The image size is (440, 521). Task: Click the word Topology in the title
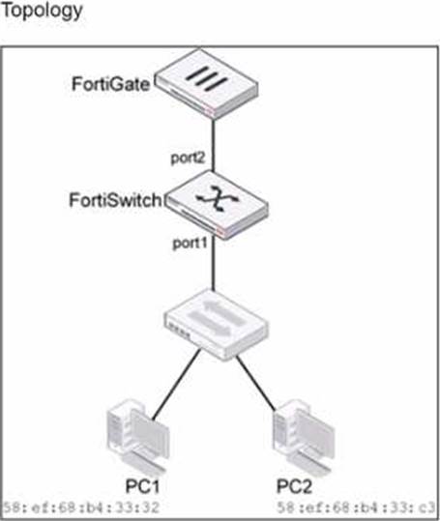[43, 12]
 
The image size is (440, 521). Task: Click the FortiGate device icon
[207, 84]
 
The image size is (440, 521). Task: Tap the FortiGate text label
[111, 84]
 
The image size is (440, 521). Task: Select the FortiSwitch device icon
[217, 204]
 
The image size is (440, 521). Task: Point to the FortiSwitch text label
[115, 200]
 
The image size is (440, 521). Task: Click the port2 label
[188, 159]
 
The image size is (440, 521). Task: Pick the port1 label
[190, 244]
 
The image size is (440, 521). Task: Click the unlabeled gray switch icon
[216, 325]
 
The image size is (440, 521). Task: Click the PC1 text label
[142, 486]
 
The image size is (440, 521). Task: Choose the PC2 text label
[294, 486]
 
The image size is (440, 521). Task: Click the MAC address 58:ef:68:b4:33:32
[81, 507]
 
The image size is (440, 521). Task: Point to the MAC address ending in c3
[356, 507]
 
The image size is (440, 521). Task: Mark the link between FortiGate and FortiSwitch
[214, 146]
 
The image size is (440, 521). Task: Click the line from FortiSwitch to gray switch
[214, 264]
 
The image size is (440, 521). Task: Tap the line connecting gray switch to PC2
[256, 383]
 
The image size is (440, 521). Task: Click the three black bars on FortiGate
[207, 78]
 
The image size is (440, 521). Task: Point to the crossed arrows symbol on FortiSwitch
[218, 198]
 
